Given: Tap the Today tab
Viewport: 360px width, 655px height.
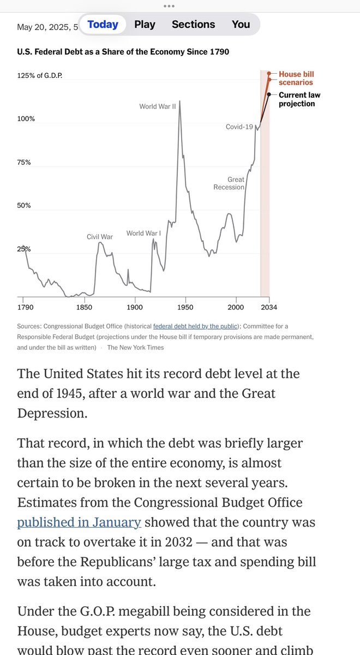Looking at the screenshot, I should (103, 25).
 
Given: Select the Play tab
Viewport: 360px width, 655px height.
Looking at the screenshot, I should (145, 25).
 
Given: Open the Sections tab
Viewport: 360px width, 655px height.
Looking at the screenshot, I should (193, 25).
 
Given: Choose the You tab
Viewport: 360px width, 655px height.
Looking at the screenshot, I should (241, 25).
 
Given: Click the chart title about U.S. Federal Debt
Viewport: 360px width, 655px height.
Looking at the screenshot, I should (123, 52).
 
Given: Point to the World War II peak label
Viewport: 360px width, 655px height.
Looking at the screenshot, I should (157, 106).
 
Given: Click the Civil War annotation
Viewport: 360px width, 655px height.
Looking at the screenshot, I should (100, 237).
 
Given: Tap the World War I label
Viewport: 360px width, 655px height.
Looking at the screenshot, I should (143, 234).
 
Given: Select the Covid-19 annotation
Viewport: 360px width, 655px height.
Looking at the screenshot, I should (239, 127).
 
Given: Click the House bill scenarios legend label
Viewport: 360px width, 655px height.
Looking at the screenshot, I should (296, 78).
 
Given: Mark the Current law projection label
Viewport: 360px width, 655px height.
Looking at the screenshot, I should (299, 99).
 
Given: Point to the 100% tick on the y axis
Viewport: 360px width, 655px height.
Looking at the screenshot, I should (26, 118).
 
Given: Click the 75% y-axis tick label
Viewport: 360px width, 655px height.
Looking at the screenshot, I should (24, 162).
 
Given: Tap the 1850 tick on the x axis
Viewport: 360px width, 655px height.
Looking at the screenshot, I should (84, 307).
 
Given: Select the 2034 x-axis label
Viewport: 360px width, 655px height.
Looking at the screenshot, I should (269, 307).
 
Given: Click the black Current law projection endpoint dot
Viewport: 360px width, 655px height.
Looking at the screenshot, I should (269, 94).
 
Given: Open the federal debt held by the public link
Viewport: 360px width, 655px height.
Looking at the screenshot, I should (195, 326).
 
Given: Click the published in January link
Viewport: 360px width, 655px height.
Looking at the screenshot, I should (79, 522).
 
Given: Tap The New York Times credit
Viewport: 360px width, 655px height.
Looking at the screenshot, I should (135, 347).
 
